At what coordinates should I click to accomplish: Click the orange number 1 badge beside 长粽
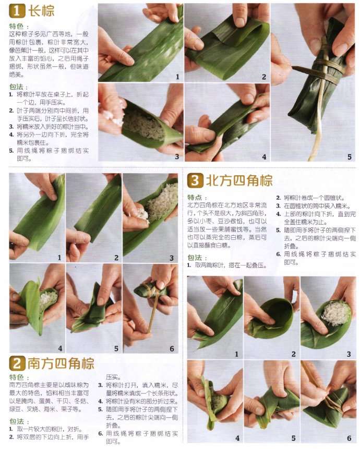pos(17,10)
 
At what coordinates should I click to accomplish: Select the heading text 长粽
pos(41,11)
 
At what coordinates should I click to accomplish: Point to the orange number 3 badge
pos(195,181)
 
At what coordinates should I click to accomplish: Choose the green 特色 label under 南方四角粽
pos(19,377)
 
